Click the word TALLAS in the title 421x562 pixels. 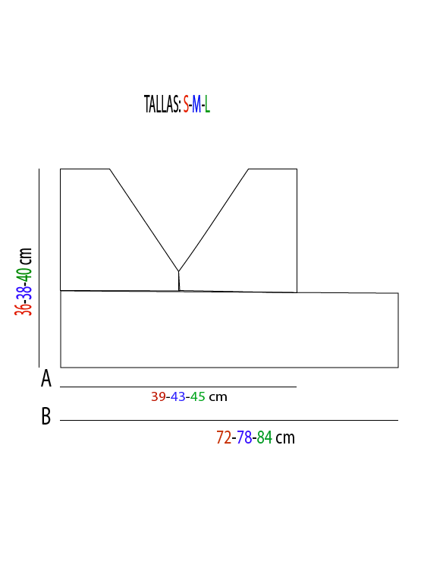point(162,104)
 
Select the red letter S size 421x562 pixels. point(186,104)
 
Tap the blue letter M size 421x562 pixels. point(196,104)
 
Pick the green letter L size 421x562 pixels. point(207,104)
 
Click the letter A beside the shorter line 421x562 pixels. point(46,378)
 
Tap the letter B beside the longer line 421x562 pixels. point(46,416)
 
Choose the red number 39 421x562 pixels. point(159,396)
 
